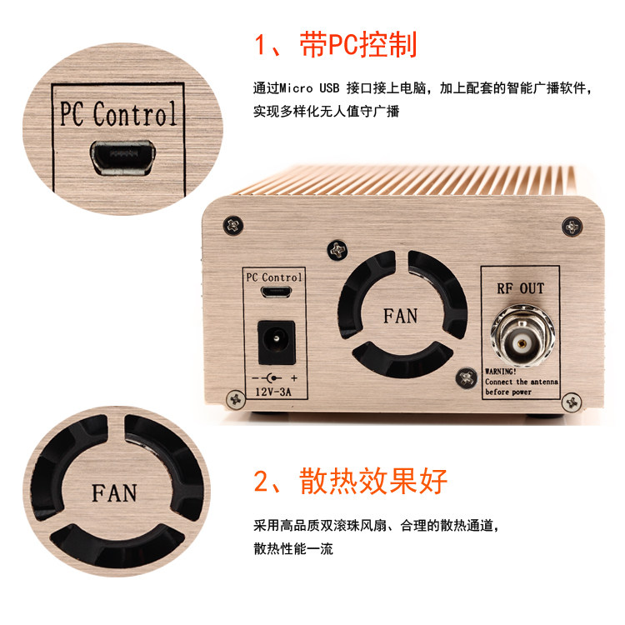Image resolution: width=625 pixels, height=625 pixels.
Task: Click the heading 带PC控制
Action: click(x=358, y=44)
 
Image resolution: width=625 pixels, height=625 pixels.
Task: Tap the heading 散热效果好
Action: click(x=373, y=481)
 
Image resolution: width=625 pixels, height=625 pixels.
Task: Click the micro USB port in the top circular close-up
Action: click(x=122, y=157)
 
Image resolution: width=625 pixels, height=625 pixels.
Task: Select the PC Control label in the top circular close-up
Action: click(x=118, y=114)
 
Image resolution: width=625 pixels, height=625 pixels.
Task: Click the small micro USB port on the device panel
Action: click(x=276, y=292)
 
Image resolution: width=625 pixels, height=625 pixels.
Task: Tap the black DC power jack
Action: click(x=277, y=342)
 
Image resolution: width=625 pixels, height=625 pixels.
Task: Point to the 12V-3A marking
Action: click(x=273, y=392)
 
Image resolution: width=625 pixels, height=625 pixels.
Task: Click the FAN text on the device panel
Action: click(x=400, y=316)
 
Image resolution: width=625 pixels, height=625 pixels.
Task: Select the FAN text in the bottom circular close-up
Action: click(x=114, y=493)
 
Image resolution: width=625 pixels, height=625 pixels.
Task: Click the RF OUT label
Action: click(x=520, y=288)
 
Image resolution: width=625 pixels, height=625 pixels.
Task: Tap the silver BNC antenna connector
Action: click(x=522, y=336)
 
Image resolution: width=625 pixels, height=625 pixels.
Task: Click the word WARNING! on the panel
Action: click(x=500, y=372)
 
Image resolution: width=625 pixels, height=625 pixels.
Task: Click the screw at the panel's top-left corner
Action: click(x=233, y=226)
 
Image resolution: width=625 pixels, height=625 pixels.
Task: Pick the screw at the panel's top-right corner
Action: click(x=572, y=227)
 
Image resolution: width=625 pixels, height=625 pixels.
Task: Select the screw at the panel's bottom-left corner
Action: click(x=236, y=399)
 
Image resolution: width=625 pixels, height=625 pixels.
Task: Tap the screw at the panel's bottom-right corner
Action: click(x=572, y=402)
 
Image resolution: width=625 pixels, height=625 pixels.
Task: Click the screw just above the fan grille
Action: click(x=337, y=250)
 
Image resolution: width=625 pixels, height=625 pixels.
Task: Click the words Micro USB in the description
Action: click(x=309, y=87)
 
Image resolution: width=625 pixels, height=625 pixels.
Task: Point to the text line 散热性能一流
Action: click(x=293, y=548)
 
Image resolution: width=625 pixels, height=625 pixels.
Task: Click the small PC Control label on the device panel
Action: click(x=274, y=277)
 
